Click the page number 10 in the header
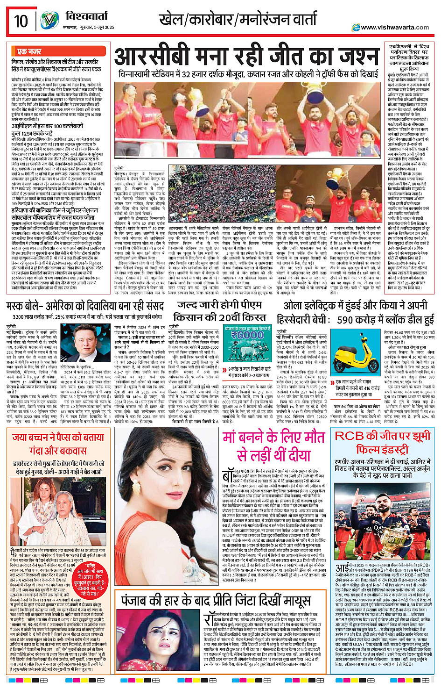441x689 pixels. [x=21, y=21]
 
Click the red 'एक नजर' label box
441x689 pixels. [x=29, y=51]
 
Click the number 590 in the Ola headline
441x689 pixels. [x=352, y=320]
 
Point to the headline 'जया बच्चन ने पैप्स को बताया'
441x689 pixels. [x=58, y=438]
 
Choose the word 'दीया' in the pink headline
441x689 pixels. [x=299, y=454]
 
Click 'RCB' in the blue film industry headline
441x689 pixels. [x=349, y=436]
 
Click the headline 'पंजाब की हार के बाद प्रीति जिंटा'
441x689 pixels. [x=216, y=601]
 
